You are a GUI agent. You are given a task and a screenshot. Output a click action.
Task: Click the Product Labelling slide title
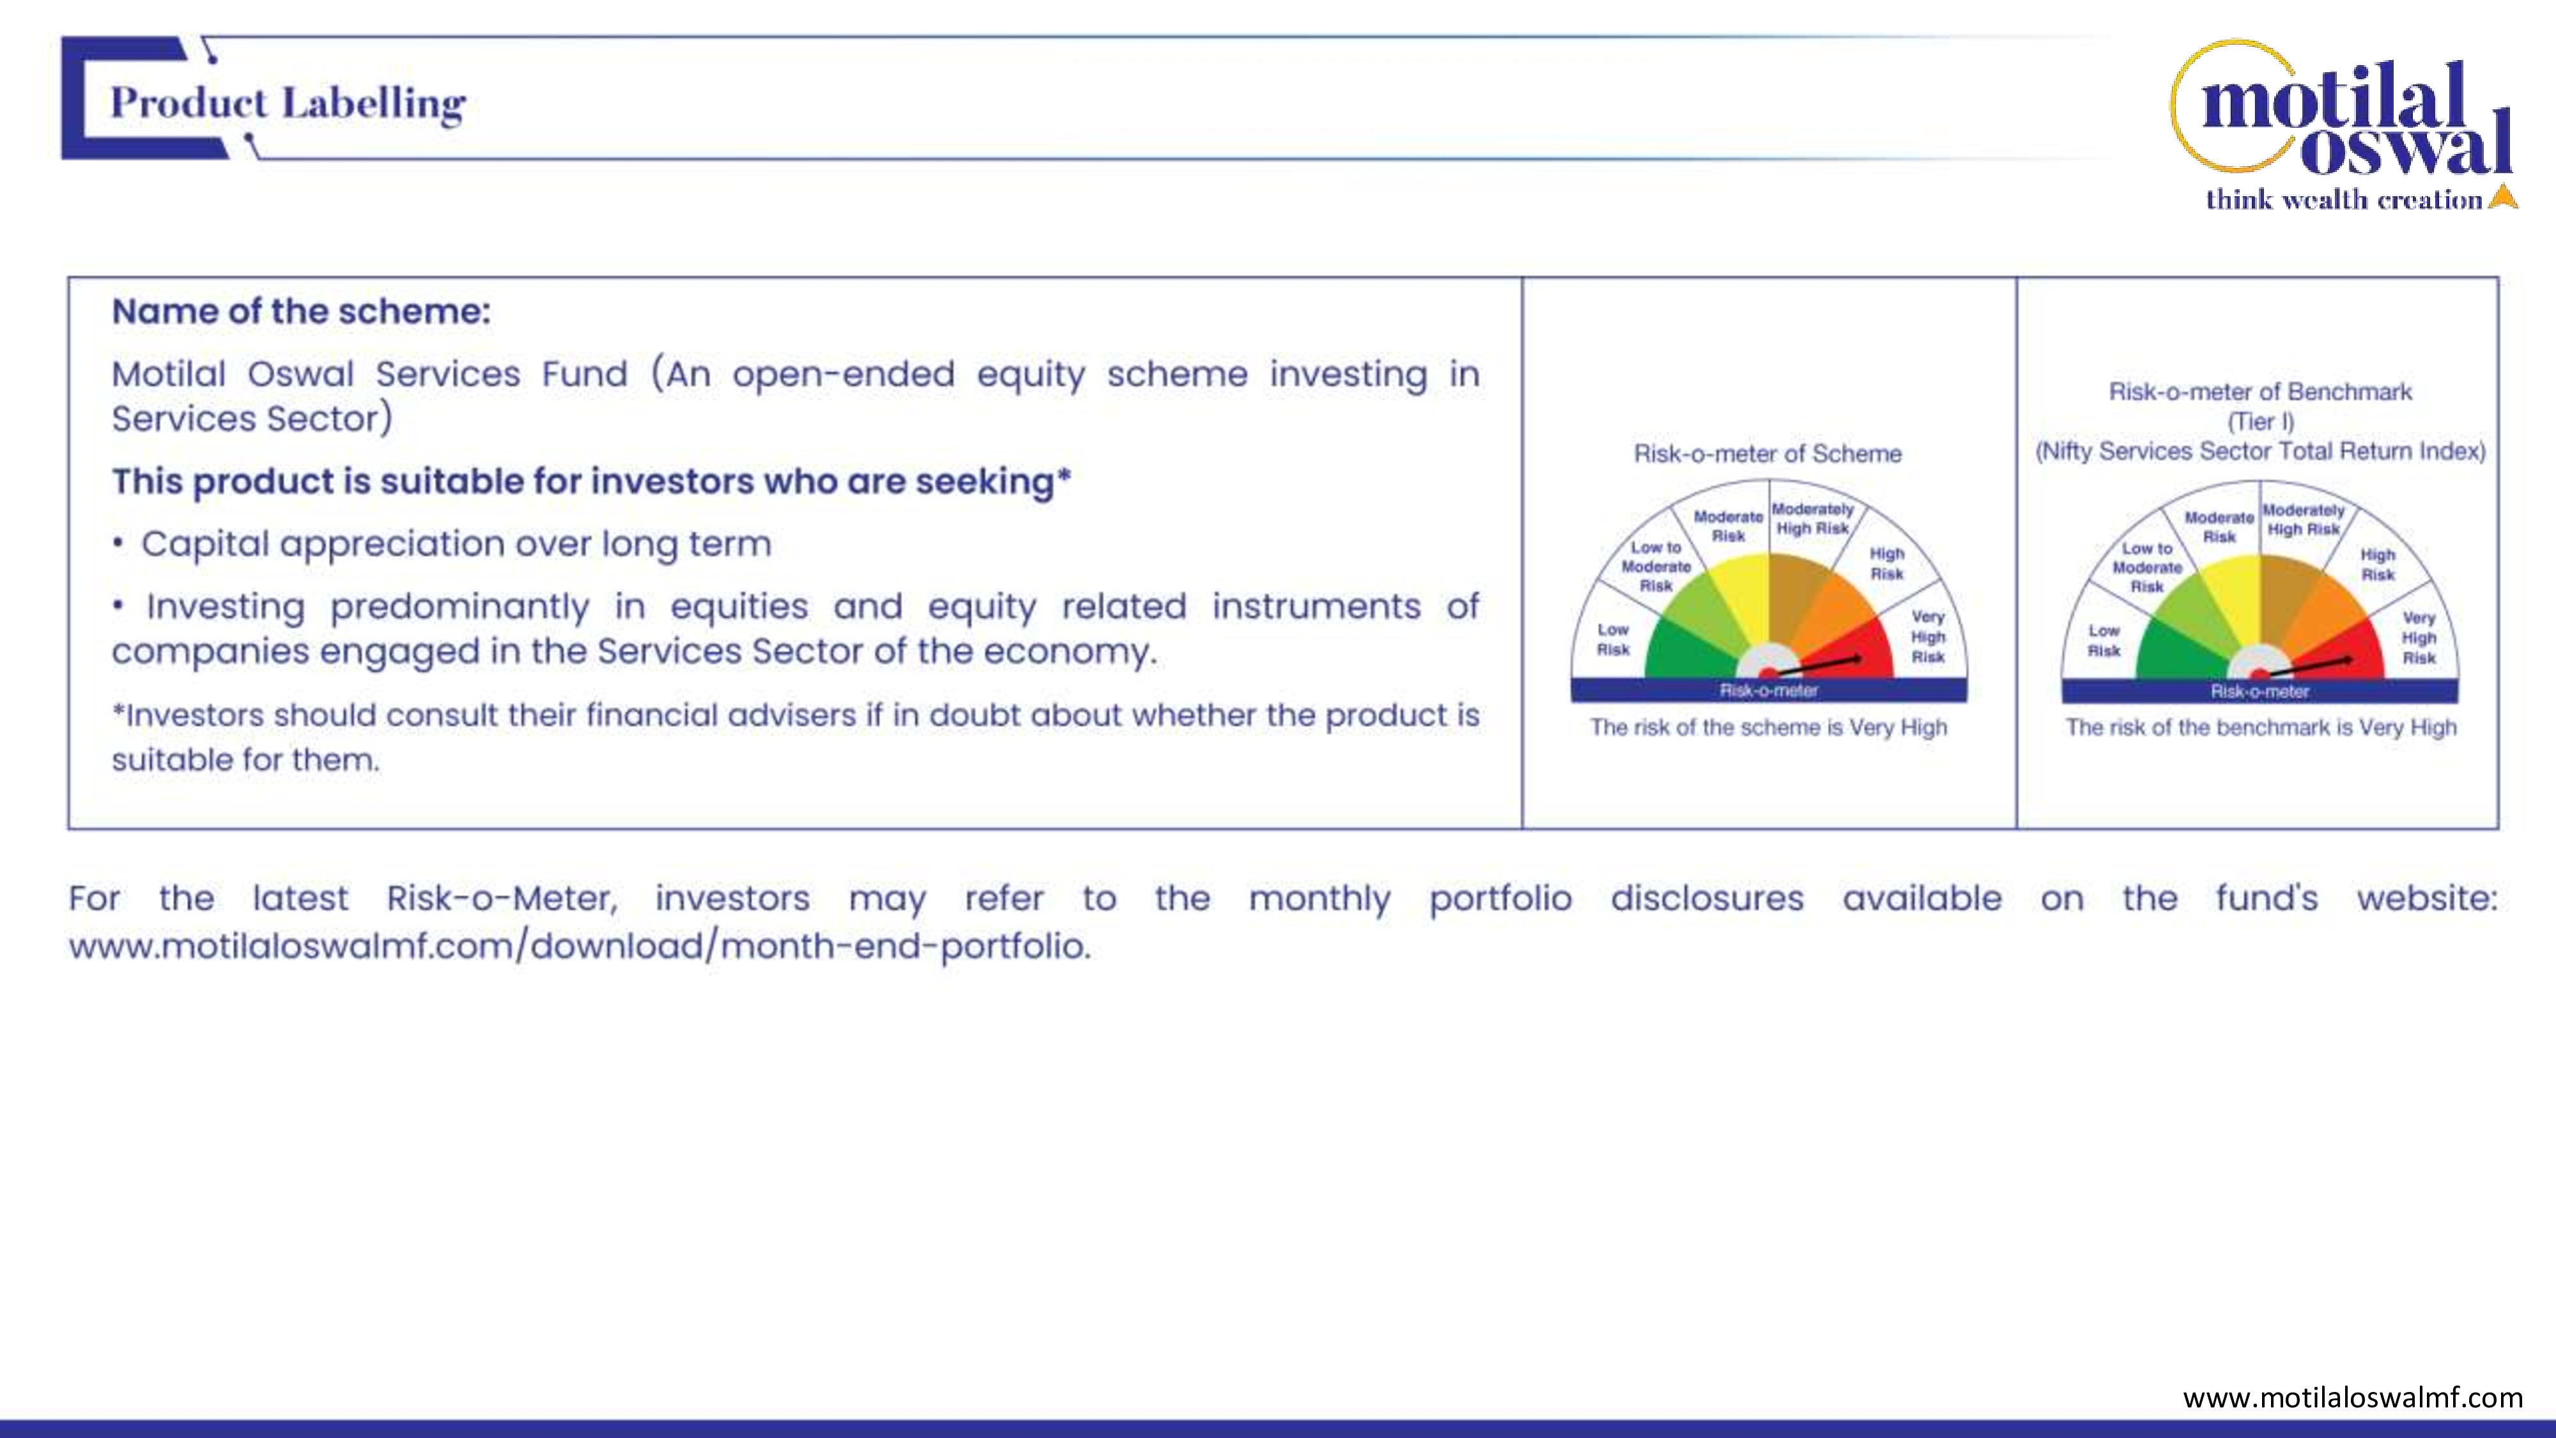coord(288,103)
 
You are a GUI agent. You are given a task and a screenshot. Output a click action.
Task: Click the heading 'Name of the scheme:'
coord(300,312)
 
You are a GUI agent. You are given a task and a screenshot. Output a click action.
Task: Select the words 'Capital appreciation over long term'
coord(456,544)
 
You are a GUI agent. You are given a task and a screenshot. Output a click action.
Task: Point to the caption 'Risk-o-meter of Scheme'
coord(1767,454)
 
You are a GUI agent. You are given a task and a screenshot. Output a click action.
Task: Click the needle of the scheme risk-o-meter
coord(1814,665)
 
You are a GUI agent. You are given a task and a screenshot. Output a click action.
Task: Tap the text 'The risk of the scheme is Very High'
coord(1768,727)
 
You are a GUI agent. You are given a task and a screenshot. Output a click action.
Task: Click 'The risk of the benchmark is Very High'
coord(2260,727)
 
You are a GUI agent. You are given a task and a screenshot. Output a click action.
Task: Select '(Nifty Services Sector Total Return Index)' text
coord(2260,452)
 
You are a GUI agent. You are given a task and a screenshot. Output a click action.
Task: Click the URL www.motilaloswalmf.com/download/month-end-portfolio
coord(580,946)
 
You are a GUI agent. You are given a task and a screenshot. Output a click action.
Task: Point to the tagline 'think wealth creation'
coord(2344,199)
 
